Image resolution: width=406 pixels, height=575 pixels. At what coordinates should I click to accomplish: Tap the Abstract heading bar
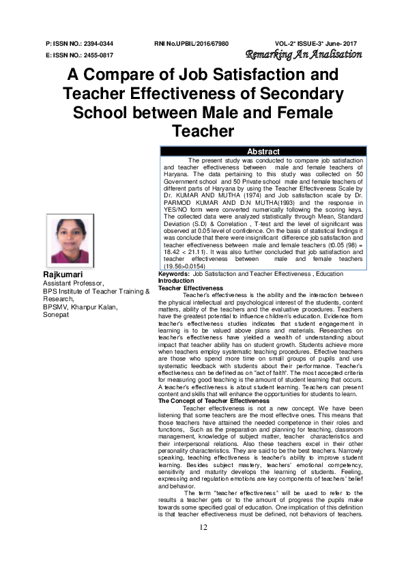[263, 152]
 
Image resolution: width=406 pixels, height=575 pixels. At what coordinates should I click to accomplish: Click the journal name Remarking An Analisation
[313, 55]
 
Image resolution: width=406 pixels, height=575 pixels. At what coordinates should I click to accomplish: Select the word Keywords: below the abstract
[174, 273]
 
